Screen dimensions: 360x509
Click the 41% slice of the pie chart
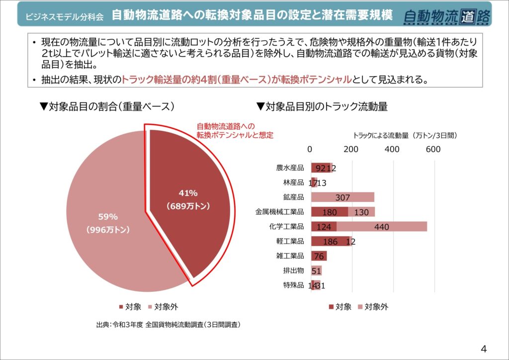(189, 199)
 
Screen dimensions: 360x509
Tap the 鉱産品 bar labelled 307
(342, 197)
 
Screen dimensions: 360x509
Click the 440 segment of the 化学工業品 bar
(381, 227)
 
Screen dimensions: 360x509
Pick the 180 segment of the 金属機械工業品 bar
(330, 212)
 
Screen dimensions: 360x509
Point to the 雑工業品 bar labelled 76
(319, 257)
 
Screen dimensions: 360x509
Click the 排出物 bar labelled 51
(316, 271)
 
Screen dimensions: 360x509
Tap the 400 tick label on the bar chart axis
(393, 149)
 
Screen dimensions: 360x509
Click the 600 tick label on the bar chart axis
(433, 149)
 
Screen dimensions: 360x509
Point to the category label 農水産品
(290, 168)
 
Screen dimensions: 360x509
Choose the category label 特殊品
(293, 285)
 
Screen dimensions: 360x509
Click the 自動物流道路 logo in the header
(447, 16)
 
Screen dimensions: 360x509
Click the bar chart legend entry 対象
(340, 307)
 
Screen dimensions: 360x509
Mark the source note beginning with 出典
(169, 325)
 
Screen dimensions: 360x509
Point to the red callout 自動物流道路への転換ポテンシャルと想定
(235, 130)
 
